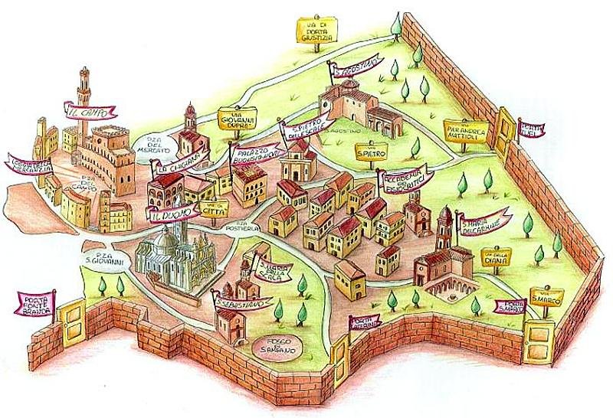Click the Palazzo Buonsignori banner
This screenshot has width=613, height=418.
(x=256, y=153)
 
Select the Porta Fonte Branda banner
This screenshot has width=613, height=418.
(x=36, y=301)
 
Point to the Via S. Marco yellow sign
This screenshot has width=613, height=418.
(x=546, y=296)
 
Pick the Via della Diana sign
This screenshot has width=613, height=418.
(x=497, y=256)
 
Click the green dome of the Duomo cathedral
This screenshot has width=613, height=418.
(x=163, y=240)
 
